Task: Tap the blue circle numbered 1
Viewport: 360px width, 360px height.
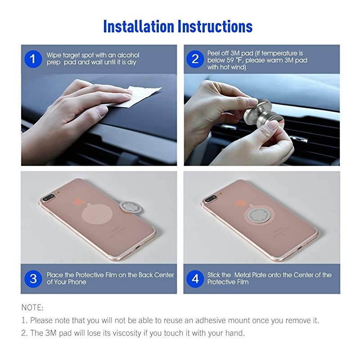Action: [32, 59]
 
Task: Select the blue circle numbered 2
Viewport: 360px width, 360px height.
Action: [195, 59]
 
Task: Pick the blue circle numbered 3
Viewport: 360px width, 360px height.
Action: [33, 279]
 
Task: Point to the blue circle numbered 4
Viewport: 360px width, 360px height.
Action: [195, 279]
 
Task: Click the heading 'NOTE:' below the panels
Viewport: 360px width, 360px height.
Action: [32, 308]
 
